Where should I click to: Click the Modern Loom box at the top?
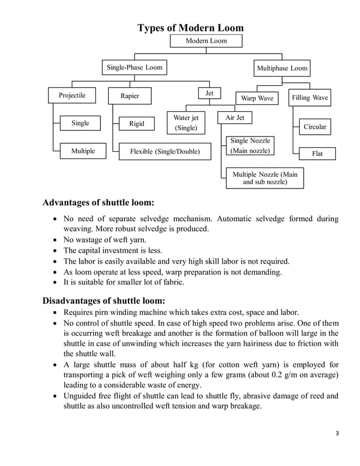206,41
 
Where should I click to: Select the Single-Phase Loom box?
134,68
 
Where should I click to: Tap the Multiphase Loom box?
282,68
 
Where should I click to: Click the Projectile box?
72,96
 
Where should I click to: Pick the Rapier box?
130,96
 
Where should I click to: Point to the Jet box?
209,93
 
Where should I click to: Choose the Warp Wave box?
257,99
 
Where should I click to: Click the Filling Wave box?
309,98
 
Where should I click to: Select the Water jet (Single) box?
186,123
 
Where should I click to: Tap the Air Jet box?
235,118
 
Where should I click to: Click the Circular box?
315,127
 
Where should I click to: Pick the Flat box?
317,153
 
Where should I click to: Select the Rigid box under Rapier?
137,124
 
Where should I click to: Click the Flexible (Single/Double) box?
165,151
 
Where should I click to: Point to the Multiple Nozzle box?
265,178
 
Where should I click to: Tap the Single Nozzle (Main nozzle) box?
249,146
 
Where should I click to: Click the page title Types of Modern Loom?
191,28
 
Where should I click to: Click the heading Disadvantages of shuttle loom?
104,300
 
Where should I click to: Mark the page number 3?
337,433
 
